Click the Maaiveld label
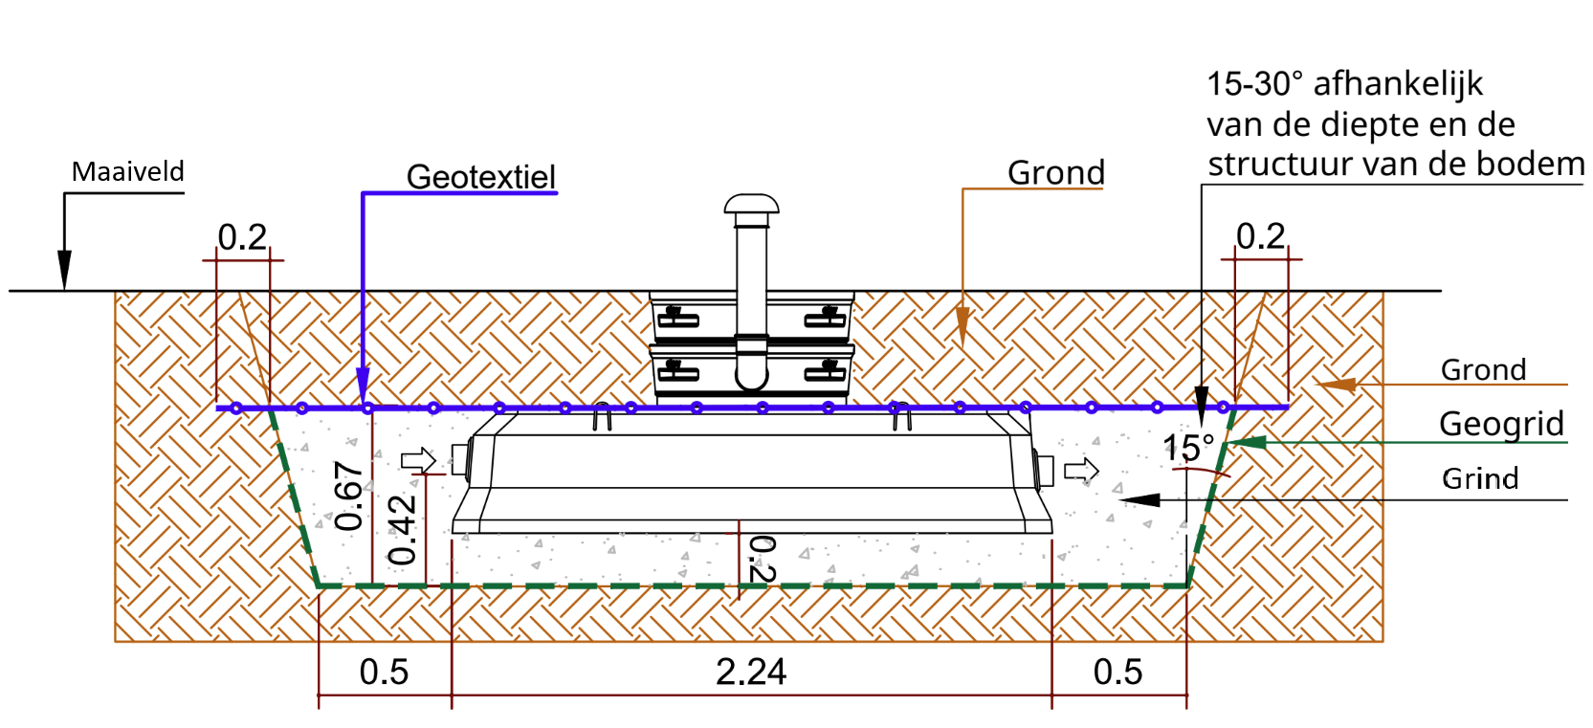(128, 171)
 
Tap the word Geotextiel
(480, 176)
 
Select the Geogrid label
(1501, 424)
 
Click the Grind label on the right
(1481, 478)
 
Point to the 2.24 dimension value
(751, 672)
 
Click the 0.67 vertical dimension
(349, 496)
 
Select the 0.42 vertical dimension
(403, 530)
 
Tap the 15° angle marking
(1187, 448)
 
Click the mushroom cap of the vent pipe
(752, 204)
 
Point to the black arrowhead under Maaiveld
(65, 270)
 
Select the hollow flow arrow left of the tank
(418, 460)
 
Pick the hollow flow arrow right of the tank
(1081, 470)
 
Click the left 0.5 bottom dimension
(384, 672)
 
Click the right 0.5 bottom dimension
(1117, 672)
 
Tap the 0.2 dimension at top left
(242, 237)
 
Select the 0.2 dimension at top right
(1261, 236)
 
